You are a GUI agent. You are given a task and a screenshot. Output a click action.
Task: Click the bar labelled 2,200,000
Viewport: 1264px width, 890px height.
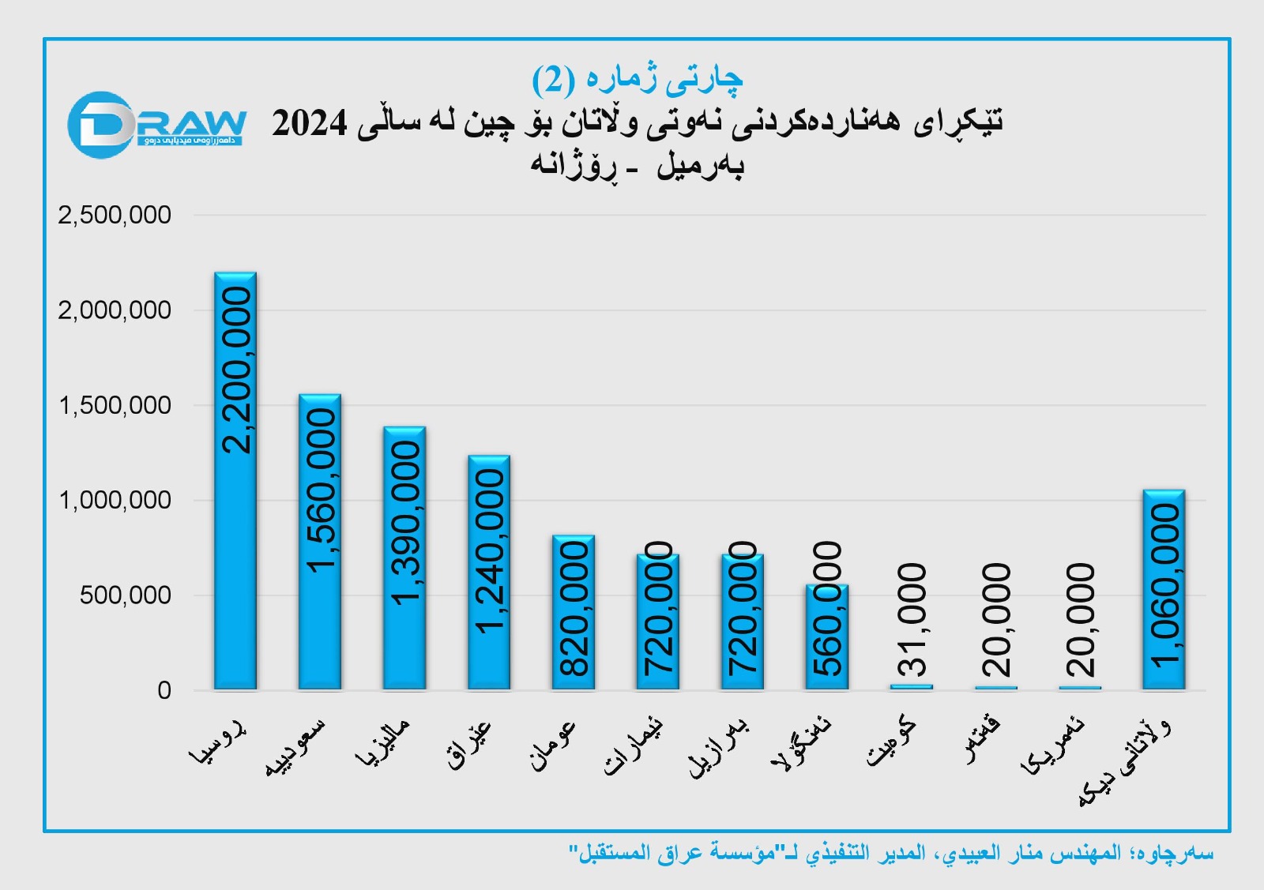pyautogui.click(x=235, y=482)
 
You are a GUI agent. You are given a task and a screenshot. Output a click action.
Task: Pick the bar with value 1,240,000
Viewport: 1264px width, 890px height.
pyautogui.click(x=489, y=573)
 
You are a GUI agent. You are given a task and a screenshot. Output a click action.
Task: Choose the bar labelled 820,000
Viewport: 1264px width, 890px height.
pyautogui.click(x=574, y=612)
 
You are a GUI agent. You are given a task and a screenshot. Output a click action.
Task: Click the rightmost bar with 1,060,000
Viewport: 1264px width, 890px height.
pyautogui.click(x=1164, y=589)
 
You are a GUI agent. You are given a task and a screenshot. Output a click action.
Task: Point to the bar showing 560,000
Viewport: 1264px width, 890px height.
pyautogui.click(x=827, y=637)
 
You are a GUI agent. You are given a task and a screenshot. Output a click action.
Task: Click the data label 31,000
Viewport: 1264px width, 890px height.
pyautogui.click(x=912, y=620)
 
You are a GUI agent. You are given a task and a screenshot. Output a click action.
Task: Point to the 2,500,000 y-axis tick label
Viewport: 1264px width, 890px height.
pyautogui.click(x=115, y=215)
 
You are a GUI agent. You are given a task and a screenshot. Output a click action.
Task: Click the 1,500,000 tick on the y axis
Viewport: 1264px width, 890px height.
pyautogui.click(x=115, y=405)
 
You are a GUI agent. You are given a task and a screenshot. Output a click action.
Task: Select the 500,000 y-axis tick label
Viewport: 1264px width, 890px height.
pyautogui.click(x=125, y=595)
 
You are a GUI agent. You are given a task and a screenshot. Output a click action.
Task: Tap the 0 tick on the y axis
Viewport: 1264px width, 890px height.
pyautogui.click(x=164, y=690)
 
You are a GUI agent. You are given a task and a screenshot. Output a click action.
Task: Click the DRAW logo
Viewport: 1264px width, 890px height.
pyautogui.click(x=156, y=125)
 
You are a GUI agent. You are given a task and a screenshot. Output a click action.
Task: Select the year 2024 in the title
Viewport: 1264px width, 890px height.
pyautogui.click(x=310, y=123)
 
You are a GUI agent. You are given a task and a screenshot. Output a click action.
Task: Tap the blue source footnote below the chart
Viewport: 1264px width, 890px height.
pyautogui.click(x=890, y=853)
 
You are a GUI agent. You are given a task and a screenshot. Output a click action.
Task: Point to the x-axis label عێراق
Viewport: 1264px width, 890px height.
pyautogui.click(x=469, y=745)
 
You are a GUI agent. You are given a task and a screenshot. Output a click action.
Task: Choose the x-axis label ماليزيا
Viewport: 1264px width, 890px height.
pyautogui.click(x=383, y=743)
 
